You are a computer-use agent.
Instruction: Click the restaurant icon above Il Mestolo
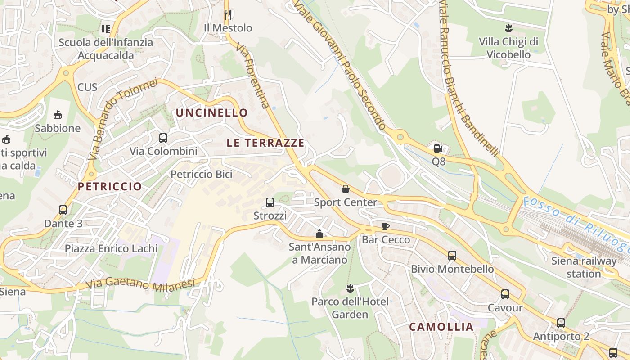pos(227,15)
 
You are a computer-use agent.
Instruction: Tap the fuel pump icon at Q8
pos(438,148)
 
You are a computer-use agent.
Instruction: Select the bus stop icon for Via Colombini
pos(163,138)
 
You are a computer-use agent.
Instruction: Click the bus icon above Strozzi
pos(270,202)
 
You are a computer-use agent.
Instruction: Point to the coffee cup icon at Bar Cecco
pos(386,226)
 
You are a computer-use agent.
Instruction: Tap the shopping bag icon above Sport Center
pos(346,189)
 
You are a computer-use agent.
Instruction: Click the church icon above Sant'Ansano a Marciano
pos(319,234)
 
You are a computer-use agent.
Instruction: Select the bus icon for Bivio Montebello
pos(452,256)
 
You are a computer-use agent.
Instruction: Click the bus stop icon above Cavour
pos(505,295)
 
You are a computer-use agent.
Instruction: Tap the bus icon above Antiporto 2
pos(561,323)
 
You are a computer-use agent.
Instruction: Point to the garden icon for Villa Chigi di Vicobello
pos(508,29)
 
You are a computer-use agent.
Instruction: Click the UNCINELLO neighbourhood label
pos(212,113)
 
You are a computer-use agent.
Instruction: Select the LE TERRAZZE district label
pos(265,143)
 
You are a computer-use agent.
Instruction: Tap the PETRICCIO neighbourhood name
pos(110,186)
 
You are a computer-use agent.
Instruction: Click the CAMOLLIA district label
pos(441,327)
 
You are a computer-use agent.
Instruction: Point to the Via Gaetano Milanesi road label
pos(140,284)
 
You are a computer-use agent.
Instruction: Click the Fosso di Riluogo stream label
pos(576,224)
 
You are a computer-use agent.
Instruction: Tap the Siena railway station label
pos(584,267)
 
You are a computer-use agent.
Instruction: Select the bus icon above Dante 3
pos(63,210)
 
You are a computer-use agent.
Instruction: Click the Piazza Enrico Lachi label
pos(111,248)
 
